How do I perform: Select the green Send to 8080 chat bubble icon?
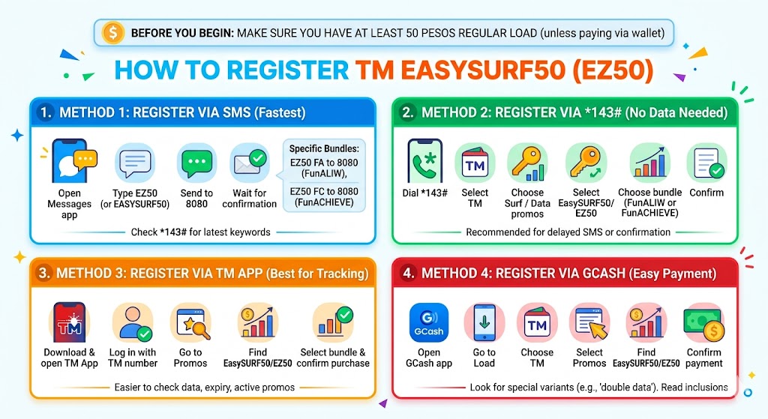pos(196,163)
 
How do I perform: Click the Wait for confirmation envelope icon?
pos(250,163)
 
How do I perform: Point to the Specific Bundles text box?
pos(323,175)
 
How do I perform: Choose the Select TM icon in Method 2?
pos(475,163)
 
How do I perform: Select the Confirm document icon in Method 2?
pos(706,163)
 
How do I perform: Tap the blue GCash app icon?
pos(429,323)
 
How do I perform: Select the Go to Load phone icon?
pos(484,323)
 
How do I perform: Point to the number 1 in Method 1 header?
pos(46,112)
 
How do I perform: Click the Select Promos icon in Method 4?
pos(589,323)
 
